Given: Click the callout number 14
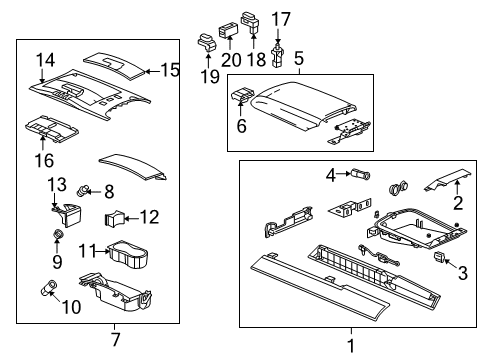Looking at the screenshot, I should (43, 60).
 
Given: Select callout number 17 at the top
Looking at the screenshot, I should (281, 17).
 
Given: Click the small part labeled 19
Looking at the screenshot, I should (205, 41).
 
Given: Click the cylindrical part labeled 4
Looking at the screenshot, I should (358, 174).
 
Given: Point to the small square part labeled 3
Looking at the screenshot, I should (441, 256).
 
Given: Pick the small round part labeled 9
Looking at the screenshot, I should (59, 236).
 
